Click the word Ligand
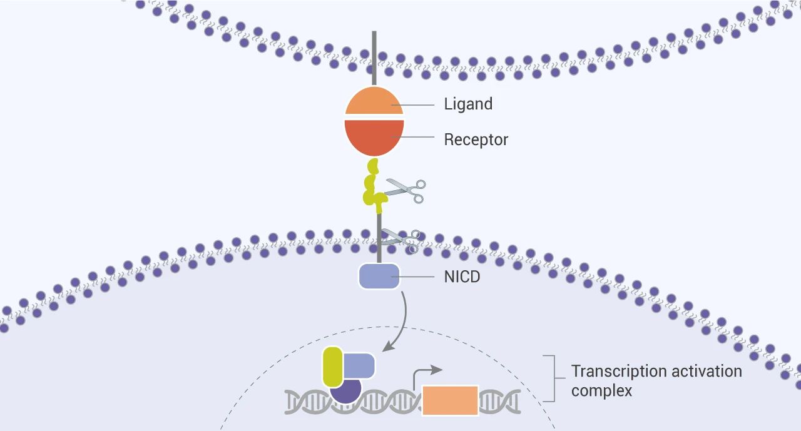pos(468,104)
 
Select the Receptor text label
pos(476,139)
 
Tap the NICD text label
pos(462,276)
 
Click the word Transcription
pos(619,372)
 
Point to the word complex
pos(601,390)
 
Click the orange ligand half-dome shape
pos(374,101)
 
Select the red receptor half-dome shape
pos(374,136)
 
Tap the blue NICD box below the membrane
pos(379,276)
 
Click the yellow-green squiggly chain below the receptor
pos(374,186)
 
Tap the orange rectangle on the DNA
pos(450,400)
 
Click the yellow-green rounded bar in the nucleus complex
pos(332,367)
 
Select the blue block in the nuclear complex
pos(359,365)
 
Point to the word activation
pos(707,372)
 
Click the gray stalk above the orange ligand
pos(374,59)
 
